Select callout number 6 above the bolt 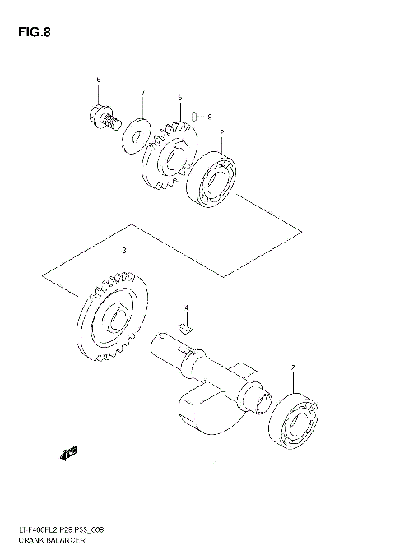(x=98, y=80)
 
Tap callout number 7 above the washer (x=142, y=92)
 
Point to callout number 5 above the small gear (x=179, y=98)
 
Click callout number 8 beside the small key (x=210, y=117)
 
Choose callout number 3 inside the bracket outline (x=123, y=250)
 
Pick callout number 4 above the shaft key (x=187, y=308)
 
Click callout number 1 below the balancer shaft (x=216, y=464)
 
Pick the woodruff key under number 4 (x=186, y=324)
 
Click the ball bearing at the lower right (x=296, y=420)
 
